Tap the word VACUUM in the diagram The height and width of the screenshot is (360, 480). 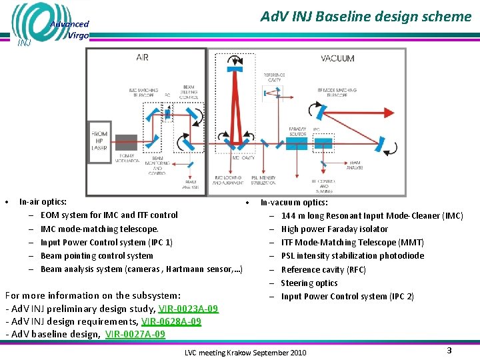(x=337, y=59)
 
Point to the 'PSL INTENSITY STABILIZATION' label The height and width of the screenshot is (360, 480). (x=264, y=181)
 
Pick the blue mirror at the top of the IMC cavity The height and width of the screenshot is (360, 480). (x=235, y=61)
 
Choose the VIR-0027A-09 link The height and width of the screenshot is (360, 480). (x=135, y=334)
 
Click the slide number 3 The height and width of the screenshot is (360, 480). (x=449, y=350)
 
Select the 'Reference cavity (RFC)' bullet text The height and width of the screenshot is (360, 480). (x=323, y=269)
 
